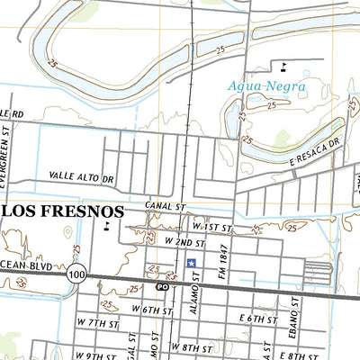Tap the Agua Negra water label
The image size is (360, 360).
267,86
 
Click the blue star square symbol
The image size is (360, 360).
191,264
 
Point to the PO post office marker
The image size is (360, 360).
163,288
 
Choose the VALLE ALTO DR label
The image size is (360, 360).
84,178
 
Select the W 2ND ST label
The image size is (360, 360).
184,243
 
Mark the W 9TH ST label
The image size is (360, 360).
94,355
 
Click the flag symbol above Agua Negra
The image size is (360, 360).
284,66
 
